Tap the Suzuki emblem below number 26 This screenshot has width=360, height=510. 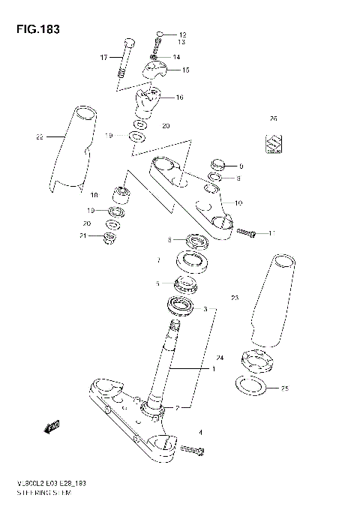(x=273, y=142)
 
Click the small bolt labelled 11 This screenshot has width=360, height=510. (x=248, y=233)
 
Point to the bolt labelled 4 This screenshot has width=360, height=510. (x=192, y=449)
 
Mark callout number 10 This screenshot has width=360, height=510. (x=238, y=203)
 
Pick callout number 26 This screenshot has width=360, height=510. (x=273, y=118)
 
